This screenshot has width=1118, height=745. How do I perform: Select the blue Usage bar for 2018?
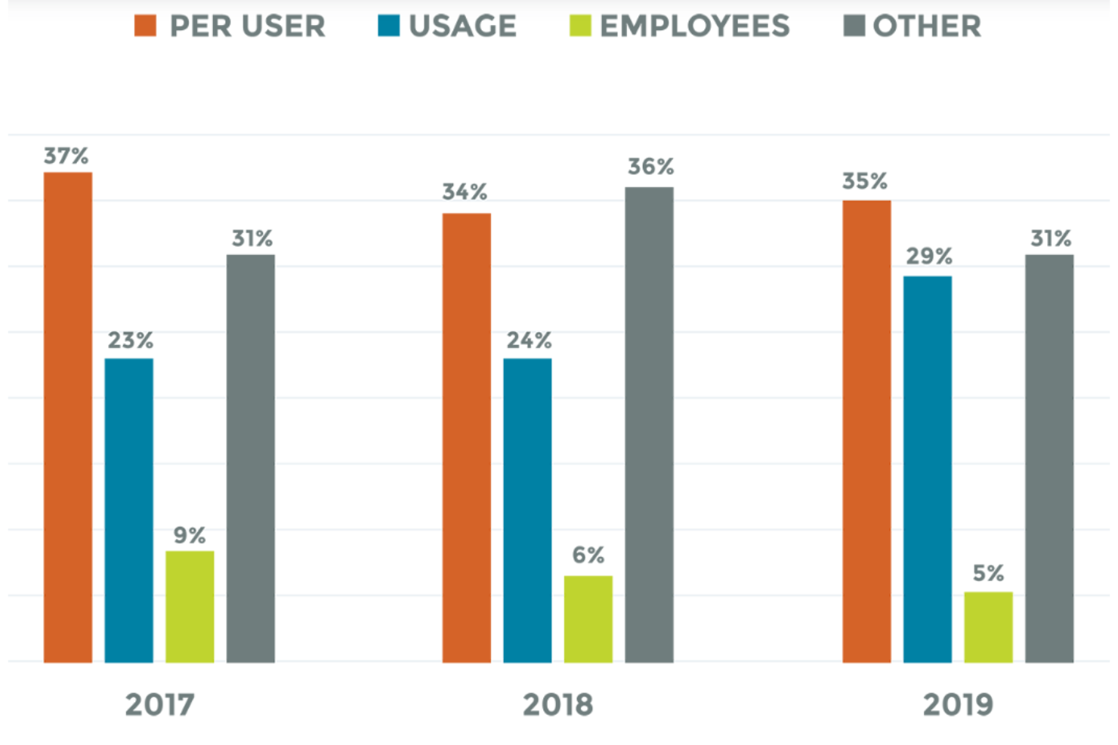click(527, 510)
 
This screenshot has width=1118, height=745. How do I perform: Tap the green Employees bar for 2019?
click(988, 627)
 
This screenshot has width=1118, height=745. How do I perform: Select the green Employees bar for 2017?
click(190, 607)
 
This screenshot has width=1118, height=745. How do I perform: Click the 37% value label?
click(66, 156)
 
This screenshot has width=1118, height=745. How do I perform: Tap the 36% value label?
click(650, 167)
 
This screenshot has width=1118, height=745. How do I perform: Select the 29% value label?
click(929, 257)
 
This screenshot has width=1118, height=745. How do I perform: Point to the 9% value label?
click(190, 535)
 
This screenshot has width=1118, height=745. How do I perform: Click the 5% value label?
click(988, 574)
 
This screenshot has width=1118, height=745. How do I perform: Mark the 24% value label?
click(529, 340)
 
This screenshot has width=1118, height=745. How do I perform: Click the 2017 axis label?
click(159, 705)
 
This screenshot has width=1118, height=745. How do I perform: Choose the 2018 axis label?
click(558, 705)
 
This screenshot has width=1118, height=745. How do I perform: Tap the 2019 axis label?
click(958, 705)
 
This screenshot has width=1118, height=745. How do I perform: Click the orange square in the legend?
click(145, 26)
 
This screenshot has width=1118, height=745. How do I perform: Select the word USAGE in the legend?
click(462, 26)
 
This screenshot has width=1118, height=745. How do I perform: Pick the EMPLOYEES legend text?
click(694, 26)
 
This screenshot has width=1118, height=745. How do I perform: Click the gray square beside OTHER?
click(854, 26)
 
